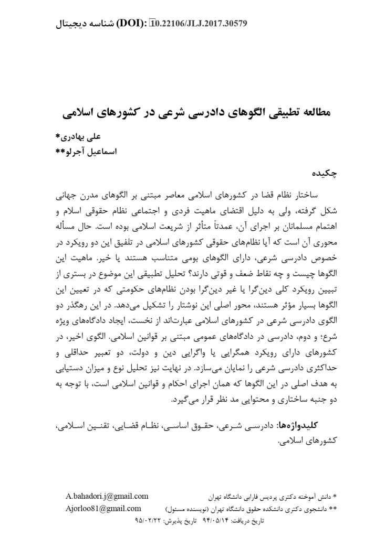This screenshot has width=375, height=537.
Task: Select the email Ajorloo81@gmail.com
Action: [103, 508]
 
